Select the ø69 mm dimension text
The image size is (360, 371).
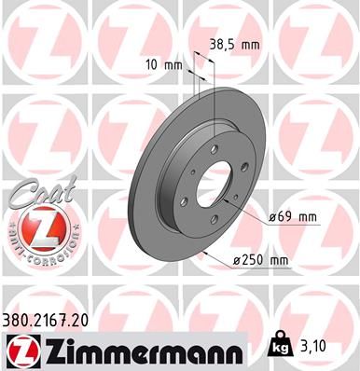[293, 216]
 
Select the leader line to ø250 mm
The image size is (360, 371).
[224, 252]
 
